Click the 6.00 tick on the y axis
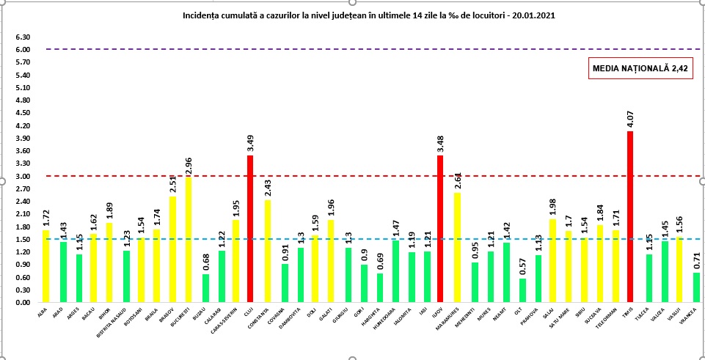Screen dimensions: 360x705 22,50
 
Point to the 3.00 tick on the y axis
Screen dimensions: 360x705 22,177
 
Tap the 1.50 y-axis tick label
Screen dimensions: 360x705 22,240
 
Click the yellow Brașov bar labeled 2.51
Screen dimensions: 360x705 172,249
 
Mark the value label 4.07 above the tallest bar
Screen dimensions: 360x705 630,118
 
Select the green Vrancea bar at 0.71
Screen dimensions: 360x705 697,287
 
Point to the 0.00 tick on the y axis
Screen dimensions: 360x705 22,303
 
